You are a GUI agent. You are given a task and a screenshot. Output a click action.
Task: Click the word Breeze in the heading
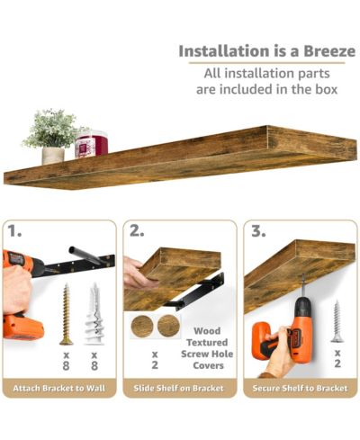329,51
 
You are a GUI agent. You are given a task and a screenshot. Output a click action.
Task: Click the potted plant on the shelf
52,137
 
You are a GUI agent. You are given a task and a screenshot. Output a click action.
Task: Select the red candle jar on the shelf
91,144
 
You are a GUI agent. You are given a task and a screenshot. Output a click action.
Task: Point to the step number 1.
14,231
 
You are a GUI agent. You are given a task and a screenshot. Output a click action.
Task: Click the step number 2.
137,231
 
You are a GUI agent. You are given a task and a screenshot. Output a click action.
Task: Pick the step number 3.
258,231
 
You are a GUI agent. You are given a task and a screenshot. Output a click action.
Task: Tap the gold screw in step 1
66,314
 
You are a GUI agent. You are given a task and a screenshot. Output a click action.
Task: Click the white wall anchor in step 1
94,313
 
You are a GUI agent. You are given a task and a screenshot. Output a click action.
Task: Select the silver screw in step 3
337,321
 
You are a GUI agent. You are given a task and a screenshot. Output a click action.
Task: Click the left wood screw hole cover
142,327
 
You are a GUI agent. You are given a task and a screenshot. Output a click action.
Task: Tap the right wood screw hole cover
168,326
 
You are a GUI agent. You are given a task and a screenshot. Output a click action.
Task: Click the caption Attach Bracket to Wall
59,388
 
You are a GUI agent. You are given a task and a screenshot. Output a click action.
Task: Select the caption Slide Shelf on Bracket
178,388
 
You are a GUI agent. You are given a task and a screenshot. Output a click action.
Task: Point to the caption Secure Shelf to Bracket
300,388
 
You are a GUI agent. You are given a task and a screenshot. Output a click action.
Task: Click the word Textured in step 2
207,342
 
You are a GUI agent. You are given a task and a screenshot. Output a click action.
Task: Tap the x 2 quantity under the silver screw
337,358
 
